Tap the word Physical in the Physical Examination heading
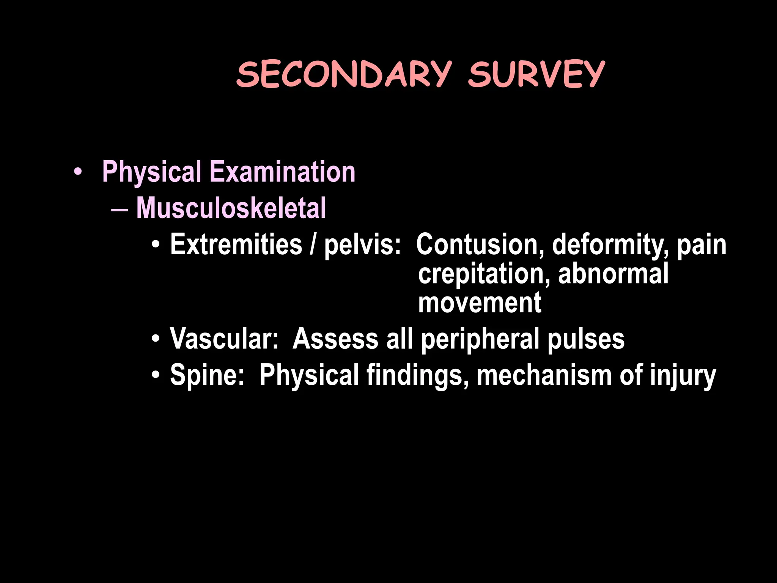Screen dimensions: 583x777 point(152,172)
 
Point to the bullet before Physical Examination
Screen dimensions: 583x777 point(78,172)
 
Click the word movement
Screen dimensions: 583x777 point(480,303)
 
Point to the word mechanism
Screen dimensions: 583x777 point(544,375)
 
